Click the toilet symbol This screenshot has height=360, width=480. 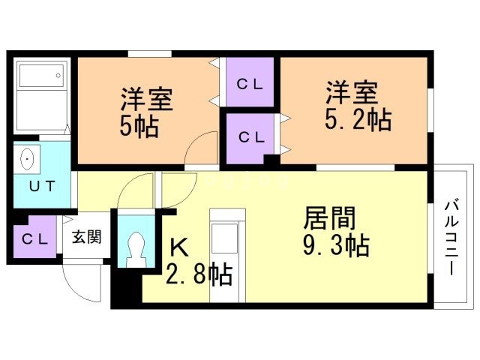point(136,250)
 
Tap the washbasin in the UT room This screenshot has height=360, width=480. point(27,159)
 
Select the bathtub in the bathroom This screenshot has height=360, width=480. point(42,75)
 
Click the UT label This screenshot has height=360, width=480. point(42,186)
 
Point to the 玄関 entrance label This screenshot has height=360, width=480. point(87,237)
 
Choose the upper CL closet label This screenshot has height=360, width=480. point(250,85)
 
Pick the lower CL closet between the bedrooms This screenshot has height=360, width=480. point(250,138)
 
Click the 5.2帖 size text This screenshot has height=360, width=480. point(358,120)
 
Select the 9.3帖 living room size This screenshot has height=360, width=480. point(336,245)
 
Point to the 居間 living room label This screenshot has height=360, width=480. point(329,218)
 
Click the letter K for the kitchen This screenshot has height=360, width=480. point(179,247)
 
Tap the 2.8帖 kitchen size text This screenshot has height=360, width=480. point(199,274)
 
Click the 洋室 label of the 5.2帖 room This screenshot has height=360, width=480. point(352,92)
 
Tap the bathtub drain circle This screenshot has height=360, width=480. point(58,76)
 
